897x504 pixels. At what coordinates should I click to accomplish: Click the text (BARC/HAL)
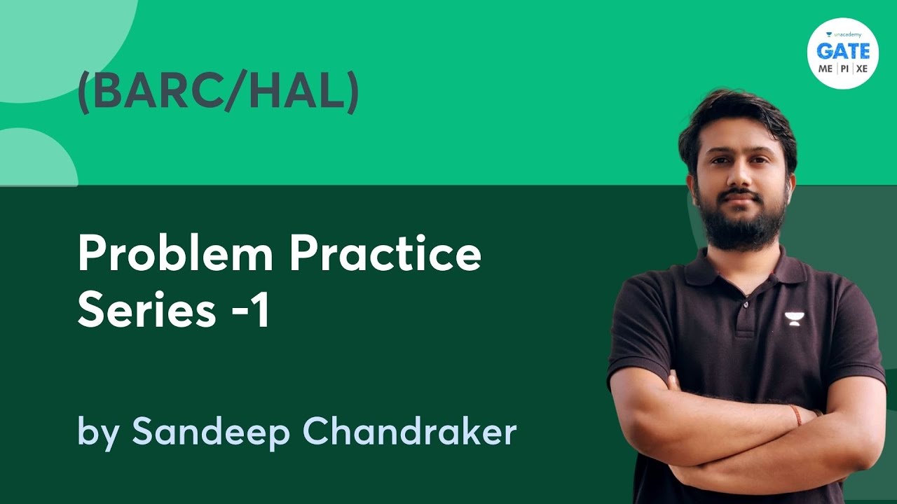point(218,93)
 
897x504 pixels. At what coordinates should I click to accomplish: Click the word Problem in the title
point(175,256)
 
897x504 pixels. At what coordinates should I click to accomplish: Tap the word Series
point(146,311)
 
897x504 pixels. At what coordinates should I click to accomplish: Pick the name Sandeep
point(210,433)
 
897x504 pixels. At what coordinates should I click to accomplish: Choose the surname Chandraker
point(410,431)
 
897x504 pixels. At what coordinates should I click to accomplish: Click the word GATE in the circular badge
point(842,50)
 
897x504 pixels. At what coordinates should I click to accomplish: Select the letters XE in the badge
point(861,68)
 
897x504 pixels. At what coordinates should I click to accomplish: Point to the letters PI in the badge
point(844,68)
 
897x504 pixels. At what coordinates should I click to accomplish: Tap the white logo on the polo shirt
point(793,318)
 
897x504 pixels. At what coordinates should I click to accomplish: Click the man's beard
point(742,224)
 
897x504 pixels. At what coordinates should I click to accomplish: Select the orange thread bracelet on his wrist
point(795,414)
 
